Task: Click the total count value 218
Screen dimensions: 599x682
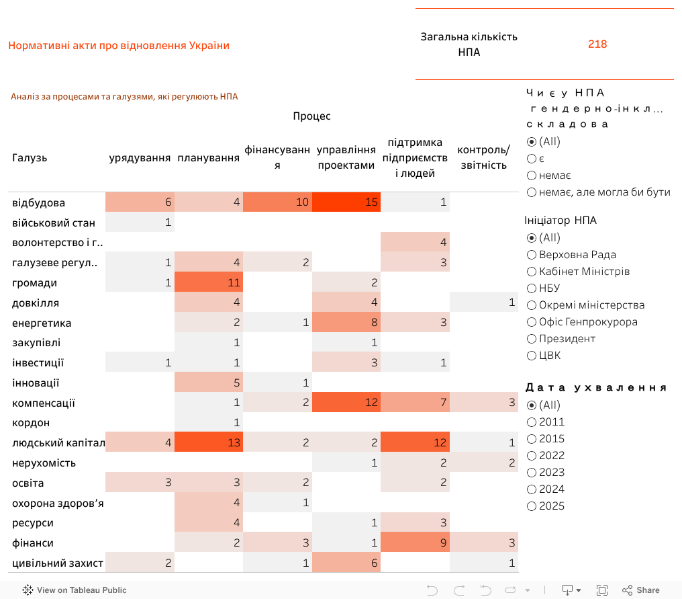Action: (597, 44)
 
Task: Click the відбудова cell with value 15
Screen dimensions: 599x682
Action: (347, 202)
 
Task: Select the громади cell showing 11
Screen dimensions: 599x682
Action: (208, 282)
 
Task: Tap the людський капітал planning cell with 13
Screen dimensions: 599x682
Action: (208, 442)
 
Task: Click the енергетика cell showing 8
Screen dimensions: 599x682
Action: (347, 323)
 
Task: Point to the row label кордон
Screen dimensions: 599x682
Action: (31, 423)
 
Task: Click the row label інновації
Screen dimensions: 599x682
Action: (36, 383)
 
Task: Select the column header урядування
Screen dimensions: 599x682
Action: (140, 158)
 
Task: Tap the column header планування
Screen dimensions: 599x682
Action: (209, 158)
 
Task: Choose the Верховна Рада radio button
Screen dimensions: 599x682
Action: (532, 255)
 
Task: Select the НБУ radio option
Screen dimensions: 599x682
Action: (532, 288)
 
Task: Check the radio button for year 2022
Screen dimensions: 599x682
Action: (532, 456)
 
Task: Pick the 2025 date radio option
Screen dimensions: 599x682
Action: (532, 506)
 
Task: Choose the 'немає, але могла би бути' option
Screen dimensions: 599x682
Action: (532, 192)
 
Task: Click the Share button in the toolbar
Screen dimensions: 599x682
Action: (640, 590)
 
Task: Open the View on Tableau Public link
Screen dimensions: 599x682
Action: (75, 590)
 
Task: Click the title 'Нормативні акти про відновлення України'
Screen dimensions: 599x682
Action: (119, 46)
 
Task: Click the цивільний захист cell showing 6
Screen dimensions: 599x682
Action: (347, 563)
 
